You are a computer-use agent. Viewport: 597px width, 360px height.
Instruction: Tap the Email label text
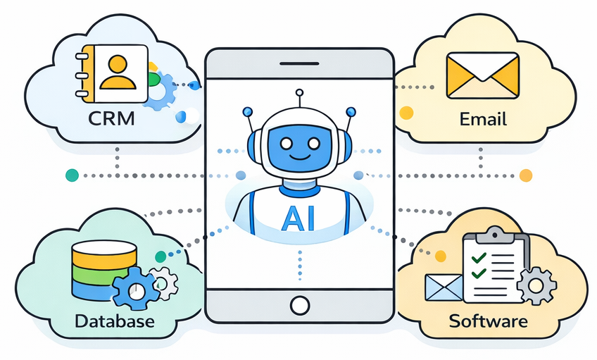coord(483,118)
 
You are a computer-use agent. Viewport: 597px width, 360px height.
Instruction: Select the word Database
coord(114,322)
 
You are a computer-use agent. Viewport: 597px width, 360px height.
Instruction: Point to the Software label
coord(488,322)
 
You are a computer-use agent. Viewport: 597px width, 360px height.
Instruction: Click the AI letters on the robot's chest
coord(298,218)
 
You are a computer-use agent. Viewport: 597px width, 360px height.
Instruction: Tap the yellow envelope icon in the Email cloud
coord(483,77)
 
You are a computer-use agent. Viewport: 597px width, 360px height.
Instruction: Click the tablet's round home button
coord(300,305)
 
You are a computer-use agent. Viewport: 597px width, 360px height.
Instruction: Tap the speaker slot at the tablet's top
coord(298,64)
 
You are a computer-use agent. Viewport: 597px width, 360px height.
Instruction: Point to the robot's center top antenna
coord(298,94)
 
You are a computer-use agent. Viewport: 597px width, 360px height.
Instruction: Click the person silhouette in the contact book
coord(118,71)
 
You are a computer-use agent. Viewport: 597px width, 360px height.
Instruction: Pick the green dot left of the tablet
coord(70,175)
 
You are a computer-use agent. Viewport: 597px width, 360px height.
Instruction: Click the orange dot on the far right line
coord(526,175)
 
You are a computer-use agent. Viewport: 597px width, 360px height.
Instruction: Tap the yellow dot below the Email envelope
coord(406,112)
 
